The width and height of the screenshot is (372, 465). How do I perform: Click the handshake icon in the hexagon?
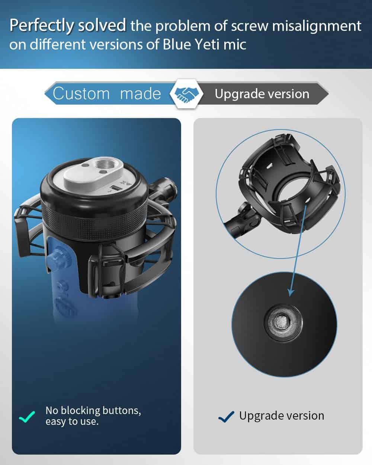186,94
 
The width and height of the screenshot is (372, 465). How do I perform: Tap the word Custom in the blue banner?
81,94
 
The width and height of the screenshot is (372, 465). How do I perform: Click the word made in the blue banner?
141,94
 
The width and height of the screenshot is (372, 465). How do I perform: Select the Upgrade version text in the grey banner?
262,94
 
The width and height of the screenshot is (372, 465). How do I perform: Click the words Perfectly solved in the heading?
68,26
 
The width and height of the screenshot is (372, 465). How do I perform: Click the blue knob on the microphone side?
57,256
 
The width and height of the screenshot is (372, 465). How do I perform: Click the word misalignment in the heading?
317,26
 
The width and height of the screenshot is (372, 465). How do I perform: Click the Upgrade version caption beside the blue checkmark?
282,416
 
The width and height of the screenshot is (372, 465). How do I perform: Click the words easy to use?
72,421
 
